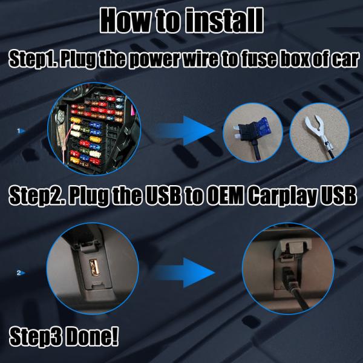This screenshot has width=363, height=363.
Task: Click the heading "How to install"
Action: (x=181, y=19)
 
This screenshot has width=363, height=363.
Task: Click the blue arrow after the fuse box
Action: (x=184, y=128)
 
